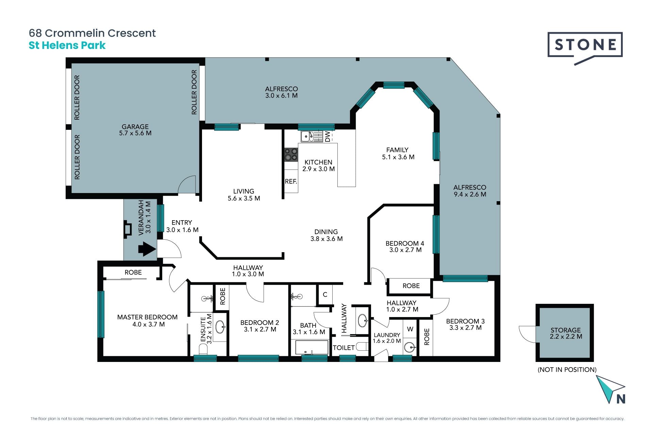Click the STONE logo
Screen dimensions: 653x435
585,48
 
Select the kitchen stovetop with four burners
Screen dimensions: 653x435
291,154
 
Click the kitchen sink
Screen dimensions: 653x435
307,137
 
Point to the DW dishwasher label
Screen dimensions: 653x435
328,137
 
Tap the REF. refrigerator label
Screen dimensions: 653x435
291,181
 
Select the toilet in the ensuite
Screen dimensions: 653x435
203,349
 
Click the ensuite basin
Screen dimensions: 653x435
220,327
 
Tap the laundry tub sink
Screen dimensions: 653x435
410,347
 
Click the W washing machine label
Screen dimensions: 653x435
410,329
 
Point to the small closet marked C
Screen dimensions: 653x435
325,294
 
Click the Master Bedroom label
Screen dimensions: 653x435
147,317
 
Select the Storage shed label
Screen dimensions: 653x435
566,330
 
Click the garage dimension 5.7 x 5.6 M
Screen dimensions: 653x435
135,133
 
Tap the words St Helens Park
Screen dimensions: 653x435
67,46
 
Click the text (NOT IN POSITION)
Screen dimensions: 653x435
567,370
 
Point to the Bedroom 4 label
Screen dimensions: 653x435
405,243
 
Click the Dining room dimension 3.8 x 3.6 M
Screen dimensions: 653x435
326,239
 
